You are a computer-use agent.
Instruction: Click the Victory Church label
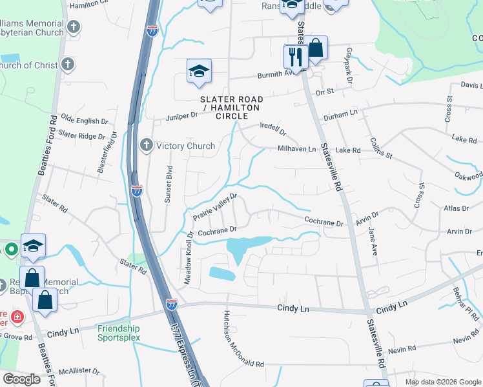[x=186, y=146]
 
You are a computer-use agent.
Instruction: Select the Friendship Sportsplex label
[x=119, y=333]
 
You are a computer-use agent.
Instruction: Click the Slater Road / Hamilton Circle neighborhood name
[x=232, y=107]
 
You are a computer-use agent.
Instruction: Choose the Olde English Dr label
[x=84, y=121]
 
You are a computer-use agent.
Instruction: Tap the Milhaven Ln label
[x=296, y=149]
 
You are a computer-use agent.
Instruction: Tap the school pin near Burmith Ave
[x=200, y=71]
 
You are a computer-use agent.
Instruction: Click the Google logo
[x=21, y=379]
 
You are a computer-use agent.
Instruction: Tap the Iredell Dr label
[x=272, y=130]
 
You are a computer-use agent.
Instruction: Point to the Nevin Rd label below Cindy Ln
[x=466, y=339]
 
